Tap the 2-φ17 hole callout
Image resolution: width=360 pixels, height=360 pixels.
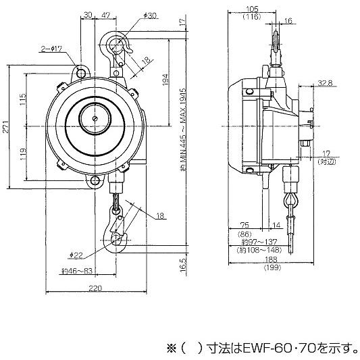(x=52, y=49)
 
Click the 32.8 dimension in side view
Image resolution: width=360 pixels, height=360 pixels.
(x=325, y=82)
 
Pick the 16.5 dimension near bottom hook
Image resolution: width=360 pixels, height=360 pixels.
(x=183, y=263)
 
